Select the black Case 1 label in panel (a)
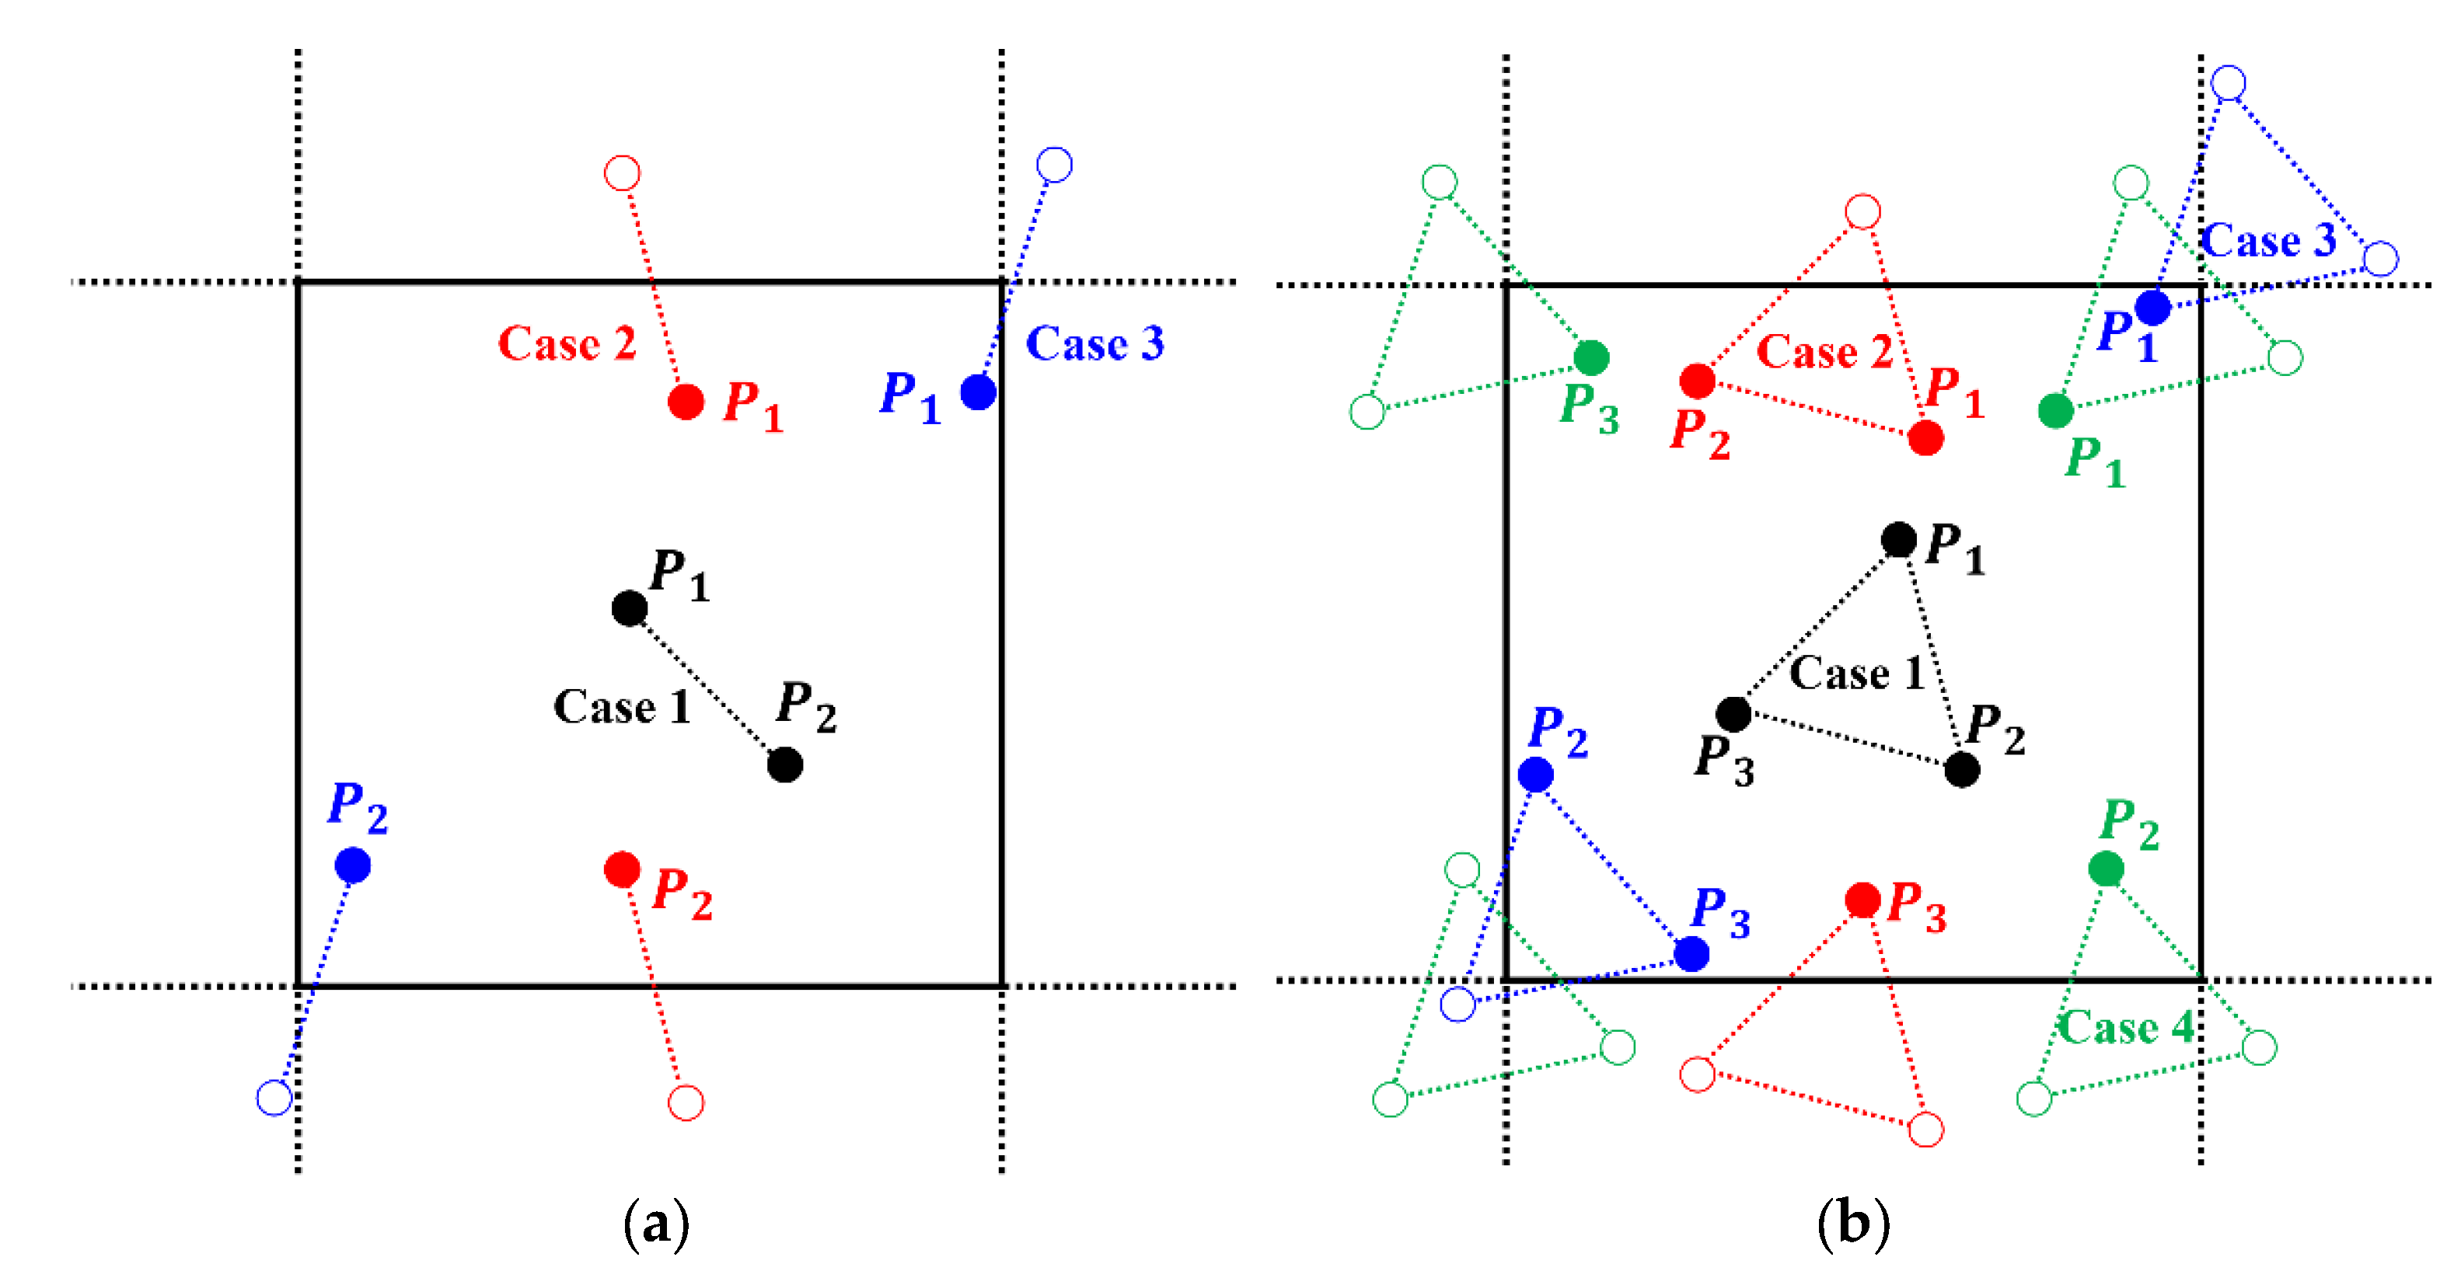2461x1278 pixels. (621, 707)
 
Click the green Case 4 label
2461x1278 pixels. (2124, 1028)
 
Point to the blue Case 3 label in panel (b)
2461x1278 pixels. (2268, 240)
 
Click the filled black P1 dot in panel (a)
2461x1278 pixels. (630, 608)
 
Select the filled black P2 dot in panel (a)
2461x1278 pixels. (784, 764)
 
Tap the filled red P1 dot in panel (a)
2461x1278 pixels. (686, 401)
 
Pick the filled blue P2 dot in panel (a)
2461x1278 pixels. (353, 865)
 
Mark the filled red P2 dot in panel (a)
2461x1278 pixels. (622, 869)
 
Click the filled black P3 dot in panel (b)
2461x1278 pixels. (1733, 712)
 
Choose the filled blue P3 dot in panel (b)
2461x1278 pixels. (1691, 953)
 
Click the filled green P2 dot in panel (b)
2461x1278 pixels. (2106, 869)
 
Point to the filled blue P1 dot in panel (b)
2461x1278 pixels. (2152, 308)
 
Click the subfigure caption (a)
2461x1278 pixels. (655, 1224)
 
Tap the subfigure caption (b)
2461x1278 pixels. (1853, 1224)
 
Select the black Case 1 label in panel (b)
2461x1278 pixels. (1856, 674)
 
